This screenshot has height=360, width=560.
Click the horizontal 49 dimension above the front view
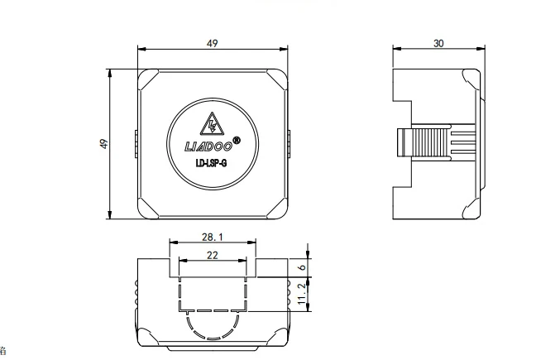[x=213, y=44]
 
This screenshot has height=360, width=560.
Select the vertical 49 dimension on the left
[x=103, y=144]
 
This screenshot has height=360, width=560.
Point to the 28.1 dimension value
[x=213, y=237]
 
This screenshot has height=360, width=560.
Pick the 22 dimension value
[x=213, y=255]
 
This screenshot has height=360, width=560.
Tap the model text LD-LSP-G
[x=211, y=164]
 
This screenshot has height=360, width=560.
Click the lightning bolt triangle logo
[x=212, y=125]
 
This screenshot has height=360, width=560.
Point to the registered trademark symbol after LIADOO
[x=237, y=142]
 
